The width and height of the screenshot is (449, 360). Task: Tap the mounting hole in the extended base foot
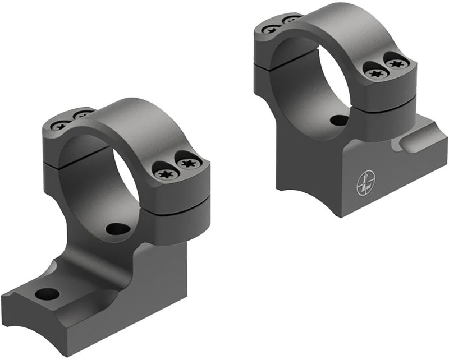[x=47, y=293]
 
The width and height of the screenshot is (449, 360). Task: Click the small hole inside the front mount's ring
[x=117, y=229]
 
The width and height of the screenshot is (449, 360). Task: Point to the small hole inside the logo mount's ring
[x=338, y=120]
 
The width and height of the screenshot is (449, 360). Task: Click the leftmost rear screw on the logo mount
[x=272, y=29]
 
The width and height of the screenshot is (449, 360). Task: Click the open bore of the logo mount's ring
[x=331, y=84]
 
